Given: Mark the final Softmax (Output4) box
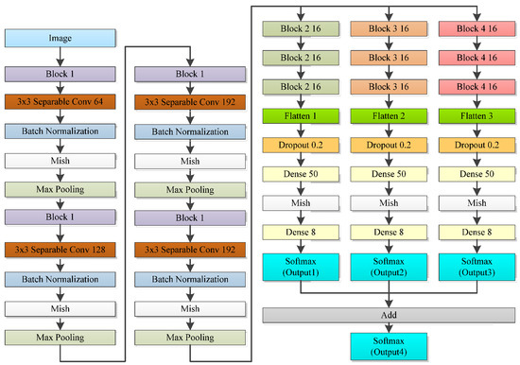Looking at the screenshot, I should (387, 344).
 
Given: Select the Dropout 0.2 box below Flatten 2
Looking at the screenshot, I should (387, 147).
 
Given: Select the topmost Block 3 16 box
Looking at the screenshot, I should (387, 29).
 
